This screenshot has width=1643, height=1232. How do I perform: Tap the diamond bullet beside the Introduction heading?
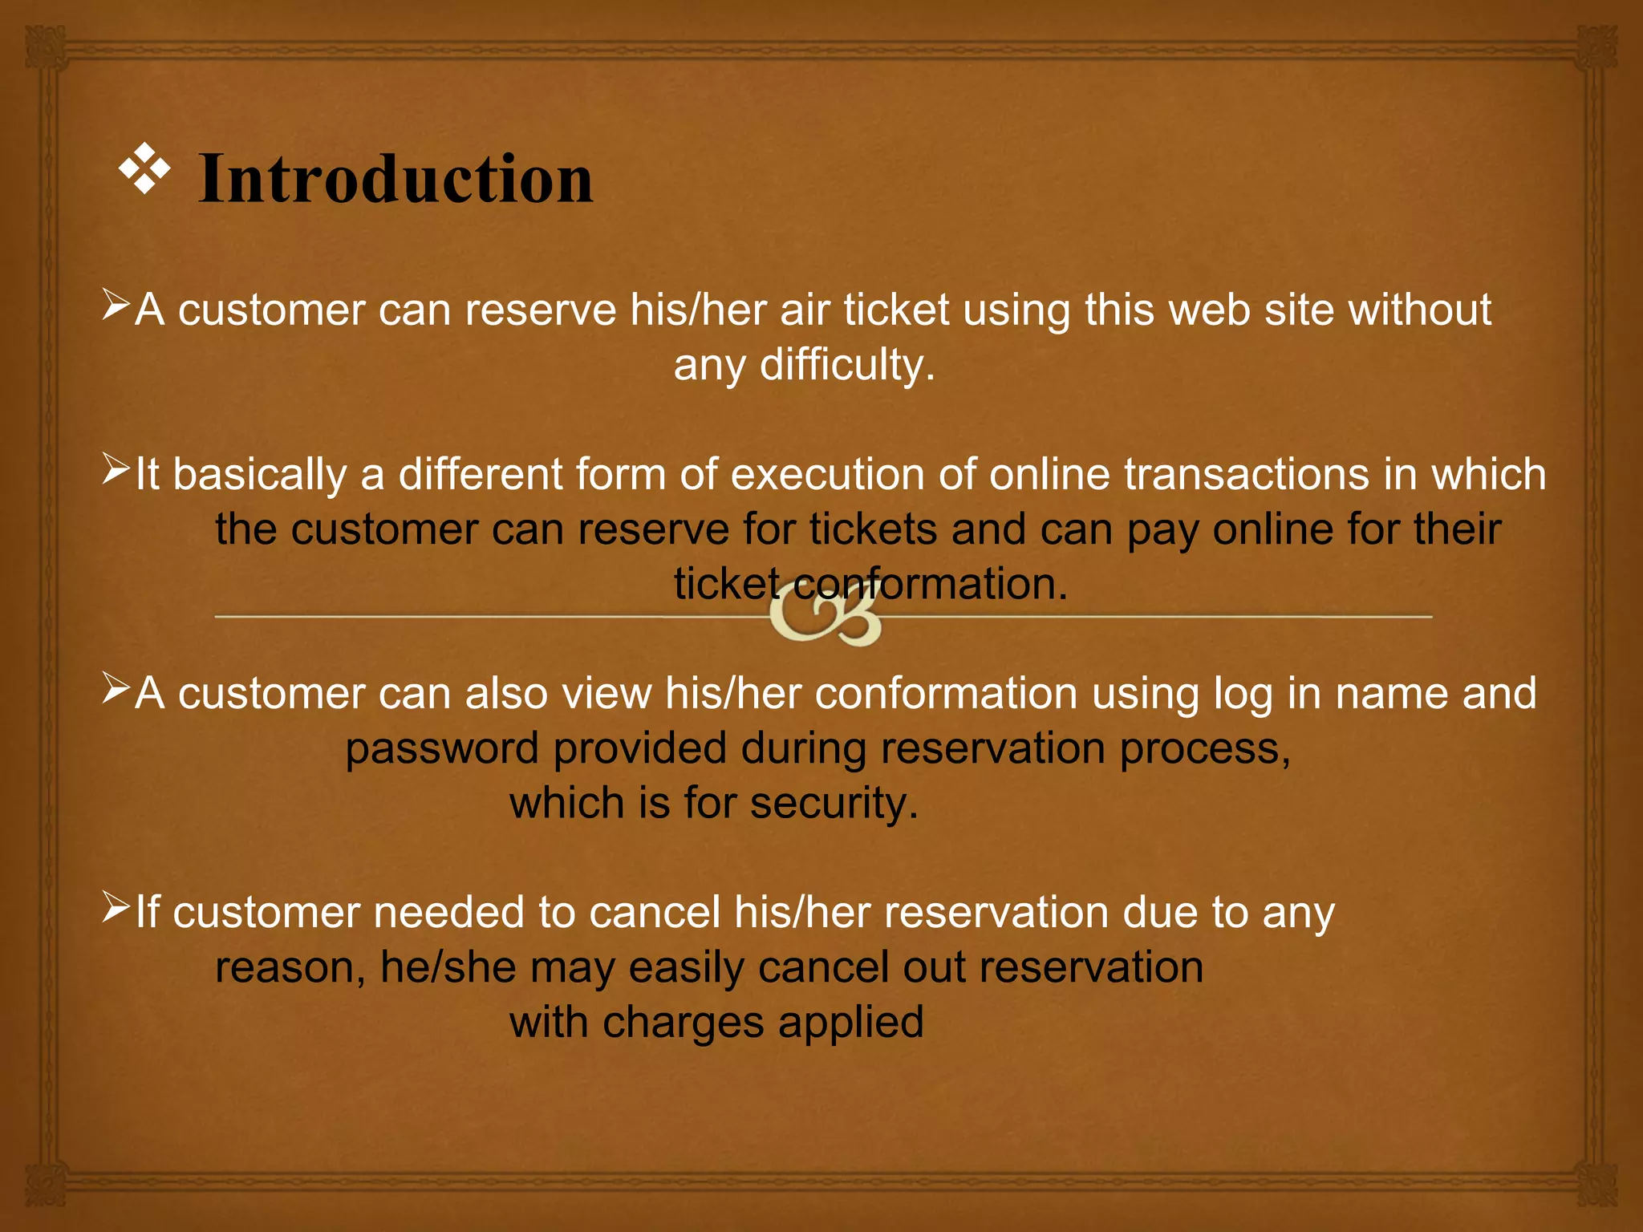point(145,168)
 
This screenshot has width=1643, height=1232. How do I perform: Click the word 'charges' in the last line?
point(683,1023)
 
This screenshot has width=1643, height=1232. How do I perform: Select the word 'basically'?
point(260,475)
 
